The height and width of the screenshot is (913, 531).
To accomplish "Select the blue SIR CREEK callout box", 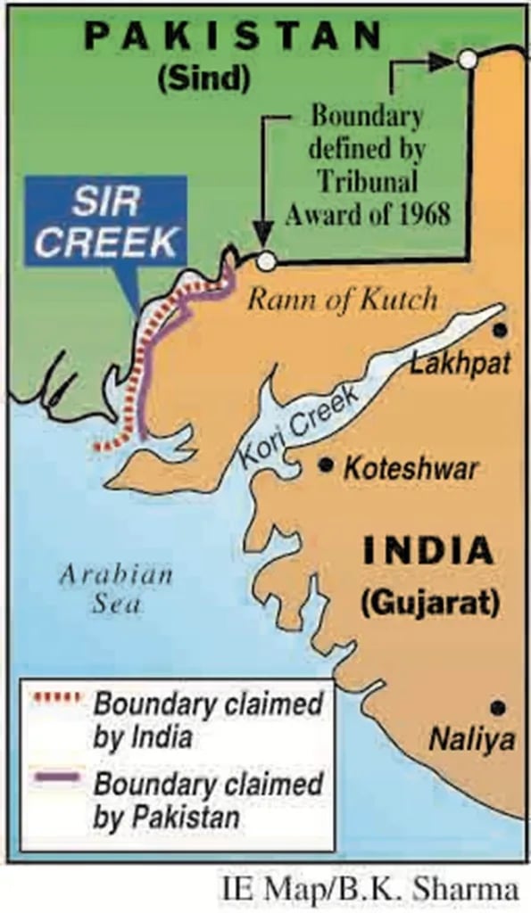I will click(105, 220).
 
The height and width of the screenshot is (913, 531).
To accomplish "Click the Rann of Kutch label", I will click(343, 300).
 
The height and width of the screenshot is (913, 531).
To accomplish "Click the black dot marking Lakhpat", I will click(501, 330).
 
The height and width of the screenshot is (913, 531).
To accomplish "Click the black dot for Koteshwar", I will click(327, 465).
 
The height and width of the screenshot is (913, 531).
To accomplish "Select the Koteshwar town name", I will click(411, 468).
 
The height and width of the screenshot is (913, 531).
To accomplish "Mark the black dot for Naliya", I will click(498, 708).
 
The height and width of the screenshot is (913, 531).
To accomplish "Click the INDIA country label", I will click(427, 551).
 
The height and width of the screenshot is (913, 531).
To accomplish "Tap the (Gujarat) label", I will click(429, 602).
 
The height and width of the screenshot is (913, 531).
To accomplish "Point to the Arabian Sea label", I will click(116, 588).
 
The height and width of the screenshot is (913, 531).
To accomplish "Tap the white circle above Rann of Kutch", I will click(265, 260).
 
